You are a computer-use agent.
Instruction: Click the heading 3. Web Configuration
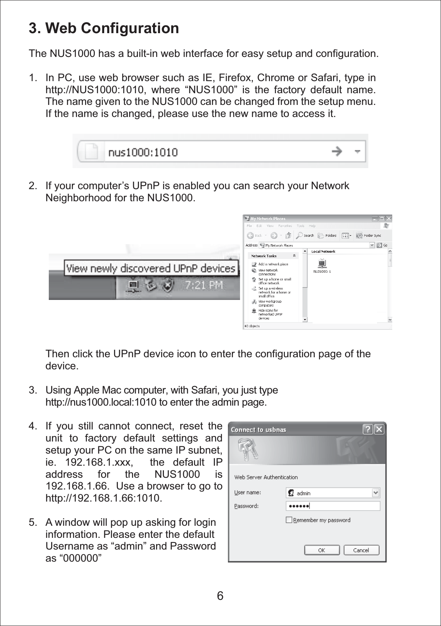[104, 28]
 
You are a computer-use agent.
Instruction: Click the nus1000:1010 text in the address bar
[143, 152]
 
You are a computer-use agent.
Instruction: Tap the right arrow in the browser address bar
[336, 151]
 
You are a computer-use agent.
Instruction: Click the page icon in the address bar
[91, 151]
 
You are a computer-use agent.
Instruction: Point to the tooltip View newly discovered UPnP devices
[151, 268]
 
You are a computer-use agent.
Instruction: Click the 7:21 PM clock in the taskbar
[204, 285]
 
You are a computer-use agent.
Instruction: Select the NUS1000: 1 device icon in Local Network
[322, 264]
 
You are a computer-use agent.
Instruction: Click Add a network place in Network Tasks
[273, 264]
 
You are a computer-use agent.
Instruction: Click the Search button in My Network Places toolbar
[305, 235]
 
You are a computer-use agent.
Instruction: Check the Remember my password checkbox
[289, 520]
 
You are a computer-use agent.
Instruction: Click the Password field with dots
[333, 506]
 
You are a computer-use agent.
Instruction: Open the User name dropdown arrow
[375, 493]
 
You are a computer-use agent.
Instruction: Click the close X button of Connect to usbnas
[379, 429]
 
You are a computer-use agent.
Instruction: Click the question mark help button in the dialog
[368, 429]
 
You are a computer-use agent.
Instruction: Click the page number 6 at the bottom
[220, 596]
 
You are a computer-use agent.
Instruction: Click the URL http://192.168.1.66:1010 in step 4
[103, 498]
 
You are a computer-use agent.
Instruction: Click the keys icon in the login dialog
[248, 449]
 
